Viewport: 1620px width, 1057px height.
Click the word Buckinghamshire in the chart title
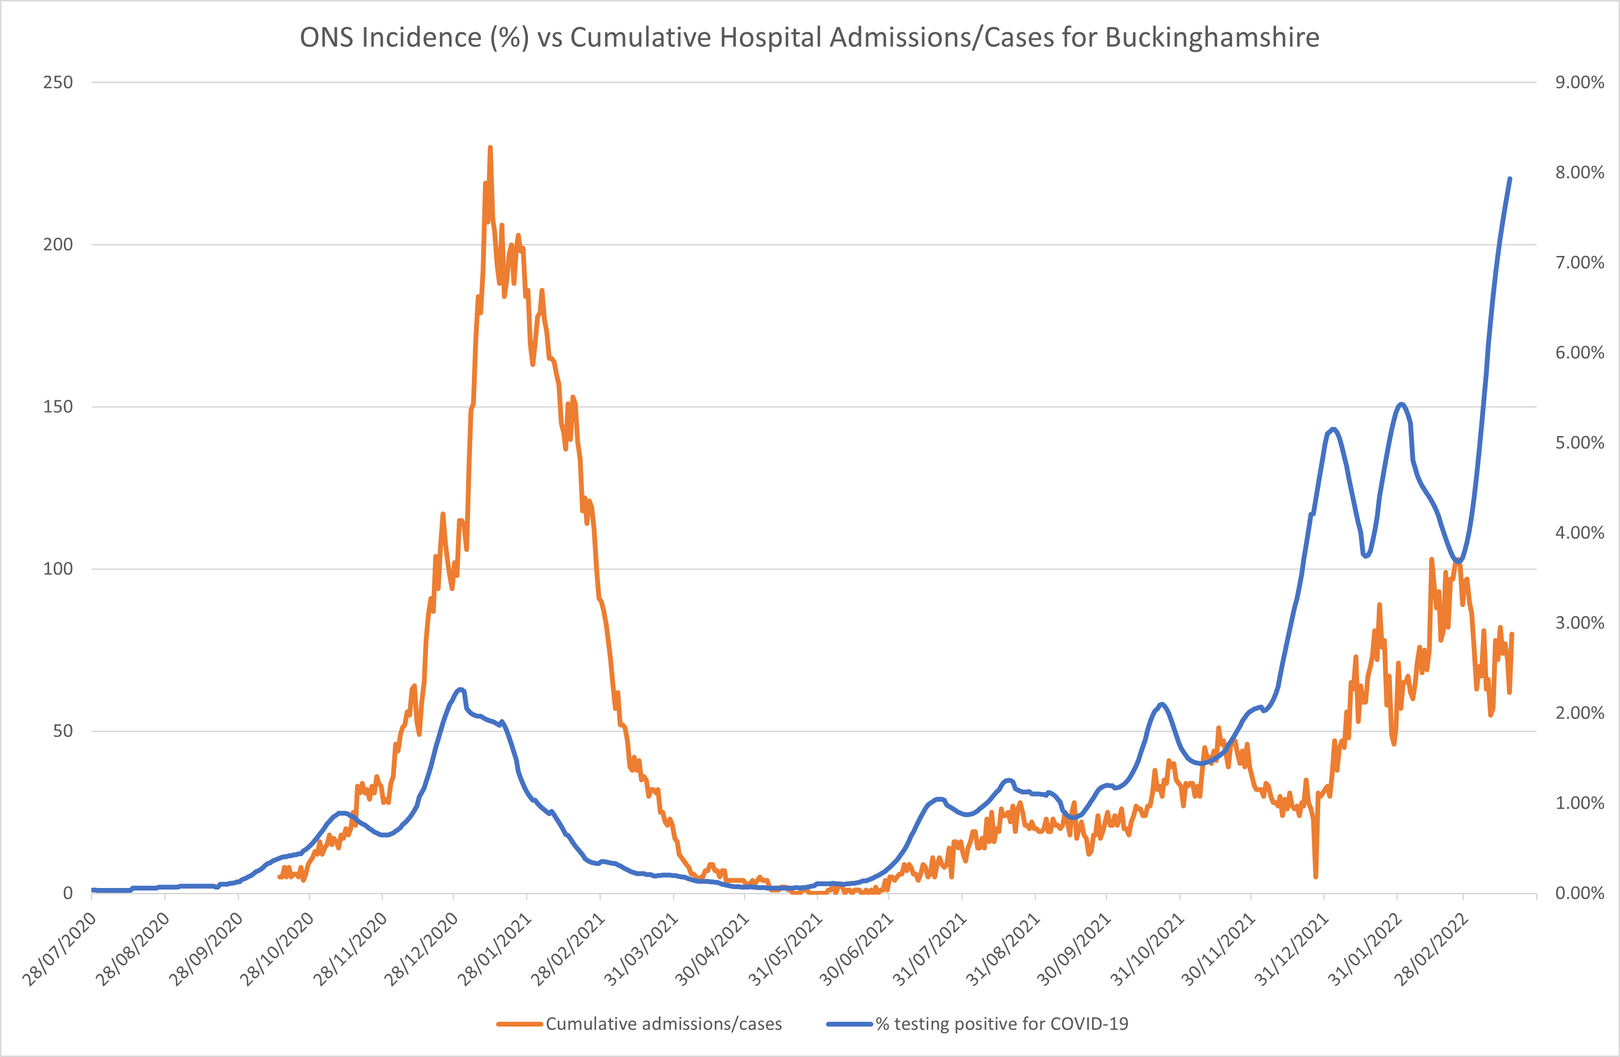[1211, 38]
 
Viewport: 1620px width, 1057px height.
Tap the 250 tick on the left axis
[58, 83]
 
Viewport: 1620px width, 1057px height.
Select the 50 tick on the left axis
[63, 731]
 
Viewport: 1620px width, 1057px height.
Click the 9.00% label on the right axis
[1579, 83]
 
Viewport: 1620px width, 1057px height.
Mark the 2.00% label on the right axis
[1579, 713]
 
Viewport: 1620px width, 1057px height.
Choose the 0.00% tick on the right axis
[1579, 893]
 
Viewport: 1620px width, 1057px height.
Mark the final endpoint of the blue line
[1510, 179]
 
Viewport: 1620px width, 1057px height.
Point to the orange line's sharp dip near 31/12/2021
[1316, 876]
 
